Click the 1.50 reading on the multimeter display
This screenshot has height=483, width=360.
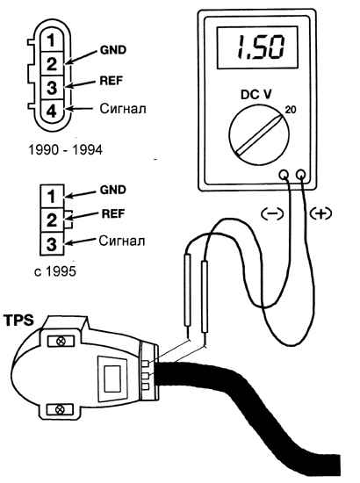260,47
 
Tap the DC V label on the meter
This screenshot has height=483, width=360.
256,94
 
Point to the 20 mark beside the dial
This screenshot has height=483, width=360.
290,110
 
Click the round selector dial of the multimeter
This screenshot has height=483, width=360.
259,134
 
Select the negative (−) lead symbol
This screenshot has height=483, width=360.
272,213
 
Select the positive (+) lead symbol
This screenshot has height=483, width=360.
320,213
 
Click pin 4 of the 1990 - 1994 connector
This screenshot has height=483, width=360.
52,111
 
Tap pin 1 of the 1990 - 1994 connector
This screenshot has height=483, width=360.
52,40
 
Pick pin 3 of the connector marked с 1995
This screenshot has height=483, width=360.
52,243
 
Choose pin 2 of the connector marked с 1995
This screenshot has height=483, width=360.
52,220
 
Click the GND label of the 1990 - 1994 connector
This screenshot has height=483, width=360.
113,50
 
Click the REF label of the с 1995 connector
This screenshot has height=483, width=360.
113,213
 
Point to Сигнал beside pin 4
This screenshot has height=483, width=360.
123,109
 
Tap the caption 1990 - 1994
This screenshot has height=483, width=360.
66,150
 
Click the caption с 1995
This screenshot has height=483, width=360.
54,271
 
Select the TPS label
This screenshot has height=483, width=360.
19,321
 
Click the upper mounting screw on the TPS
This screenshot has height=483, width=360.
61,341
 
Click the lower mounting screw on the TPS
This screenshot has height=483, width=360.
60,410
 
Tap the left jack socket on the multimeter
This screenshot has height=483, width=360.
284,175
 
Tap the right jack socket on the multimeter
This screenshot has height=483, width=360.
301,175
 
